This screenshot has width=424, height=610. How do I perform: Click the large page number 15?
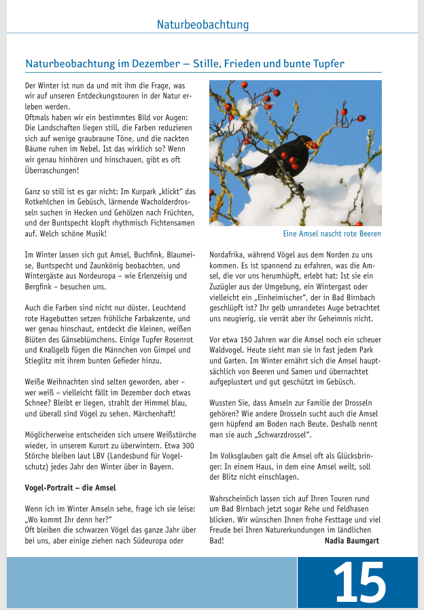pyautogui.click(x=359, y=582)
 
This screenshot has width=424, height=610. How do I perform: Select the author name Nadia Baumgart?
pyautogui.click(x=351, y=541)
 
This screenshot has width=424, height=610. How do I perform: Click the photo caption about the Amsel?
pyautogui.click(x=332, y=234)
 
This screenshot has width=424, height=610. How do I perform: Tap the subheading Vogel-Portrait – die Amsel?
pyautogui.click(x=66, y=488)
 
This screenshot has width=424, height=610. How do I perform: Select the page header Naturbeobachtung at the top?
pyautogui.click(x=202, y=25)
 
